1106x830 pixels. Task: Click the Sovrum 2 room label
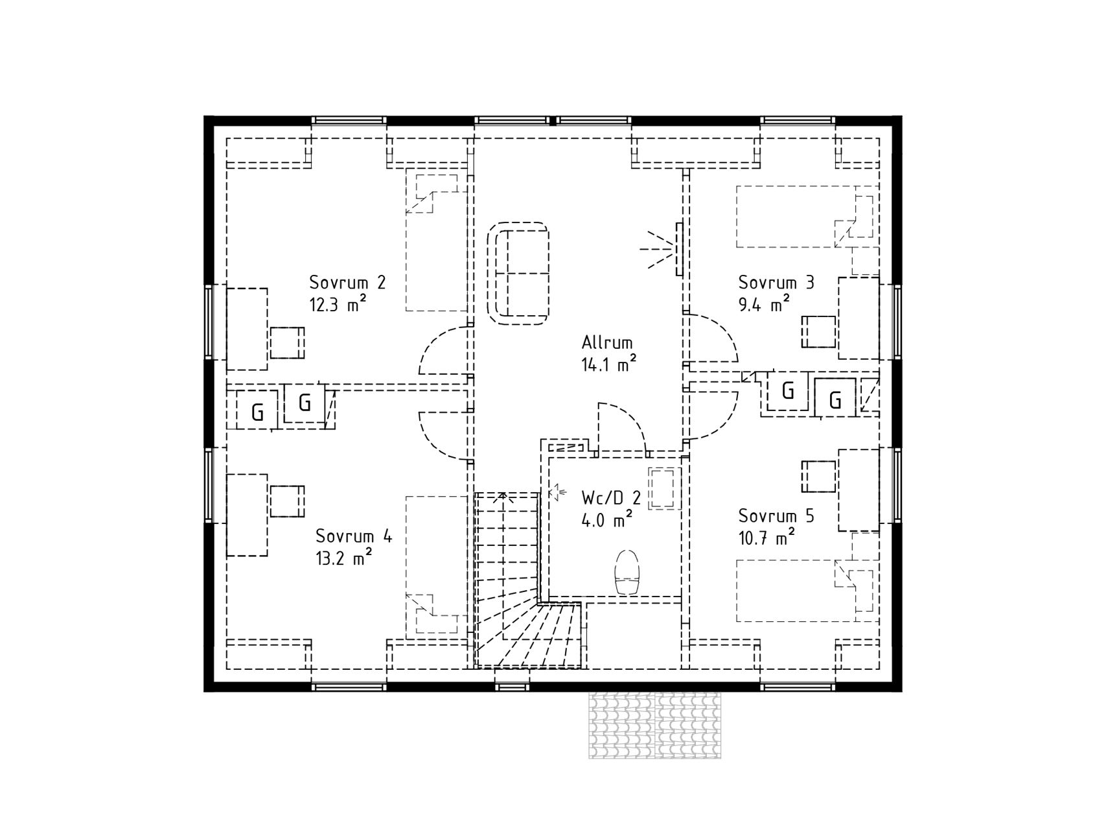tap(347, 283)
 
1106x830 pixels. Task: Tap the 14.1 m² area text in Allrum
tap(608, 365)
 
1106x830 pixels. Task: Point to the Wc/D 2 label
tap(611, 498)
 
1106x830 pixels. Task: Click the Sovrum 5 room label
tap(776, 516)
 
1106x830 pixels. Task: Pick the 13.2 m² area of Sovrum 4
tap(343, 558)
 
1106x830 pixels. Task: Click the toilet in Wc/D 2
tap(627, 572)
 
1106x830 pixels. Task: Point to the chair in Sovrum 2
tap(287, 343)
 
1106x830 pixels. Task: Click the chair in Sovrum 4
tap(287, 501)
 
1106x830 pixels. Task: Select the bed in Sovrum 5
tap(807, 591)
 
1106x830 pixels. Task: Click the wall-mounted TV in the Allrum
tap(679, 248)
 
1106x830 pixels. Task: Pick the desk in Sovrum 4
tap(247, 515)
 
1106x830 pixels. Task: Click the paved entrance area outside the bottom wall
tap(654, 725)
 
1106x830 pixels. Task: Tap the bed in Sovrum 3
tap(807, 217)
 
